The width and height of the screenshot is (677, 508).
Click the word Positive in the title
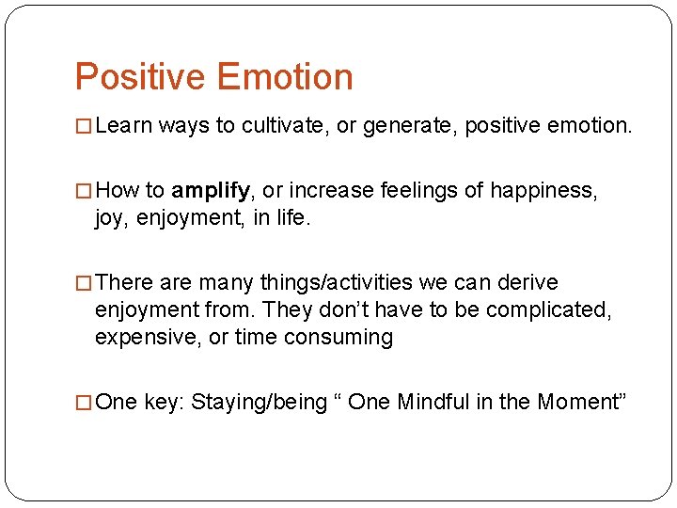(140, 76)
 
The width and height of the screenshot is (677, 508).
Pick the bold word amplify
(211, 192)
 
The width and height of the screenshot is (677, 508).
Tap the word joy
(109, 218)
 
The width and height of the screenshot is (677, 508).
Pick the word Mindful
(433, 402)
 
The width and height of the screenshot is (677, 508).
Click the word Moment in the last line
(577, 402)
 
